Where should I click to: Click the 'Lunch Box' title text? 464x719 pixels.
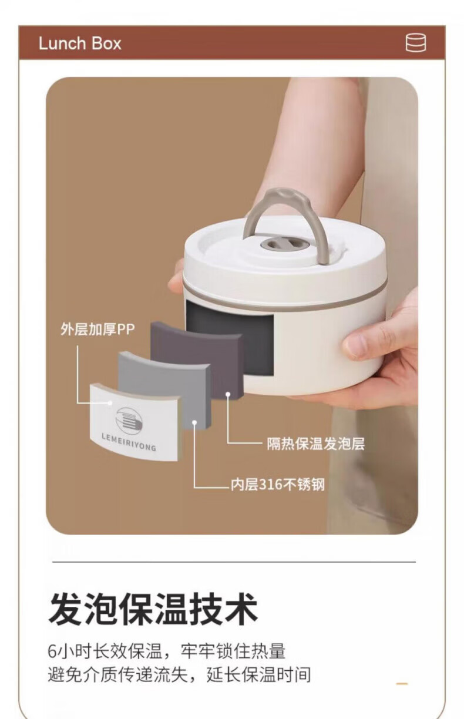[80, 43]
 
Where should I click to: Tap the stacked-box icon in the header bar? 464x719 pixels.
[416, 42]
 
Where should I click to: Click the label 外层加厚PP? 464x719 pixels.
[97, 330]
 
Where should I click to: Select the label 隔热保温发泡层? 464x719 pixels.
[316, 444]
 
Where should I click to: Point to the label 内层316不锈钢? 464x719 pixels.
[278, 485]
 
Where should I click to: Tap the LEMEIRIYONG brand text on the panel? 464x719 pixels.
[129, 442]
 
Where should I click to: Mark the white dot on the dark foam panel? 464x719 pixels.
[228, 394]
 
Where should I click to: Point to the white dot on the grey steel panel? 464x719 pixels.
[194, 422]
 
